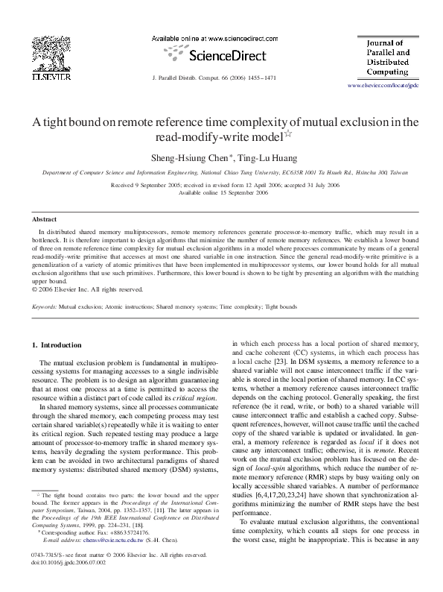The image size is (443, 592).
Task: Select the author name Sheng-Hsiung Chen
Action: click(188, 157)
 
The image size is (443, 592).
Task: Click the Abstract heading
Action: click(43, 219)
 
